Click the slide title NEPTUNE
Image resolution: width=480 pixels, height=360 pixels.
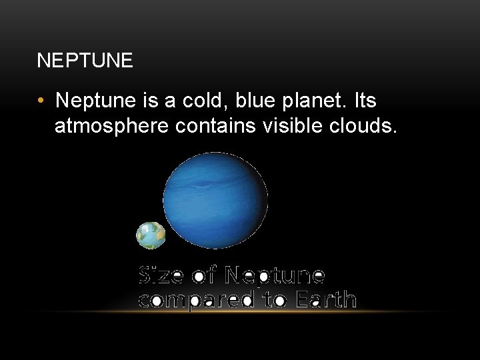pos(85,62)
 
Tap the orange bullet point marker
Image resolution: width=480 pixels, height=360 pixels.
pos(41,101)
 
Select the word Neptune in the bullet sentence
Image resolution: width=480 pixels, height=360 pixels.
pos(95,101)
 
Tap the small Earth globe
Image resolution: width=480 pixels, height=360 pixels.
pos(151,235)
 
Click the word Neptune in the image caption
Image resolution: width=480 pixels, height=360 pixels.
pos(275,275)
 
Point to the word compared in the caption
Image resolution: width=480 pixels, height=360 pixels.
pos(193,299)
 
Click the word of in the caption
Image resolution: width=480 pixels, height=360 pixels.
pos(206,275)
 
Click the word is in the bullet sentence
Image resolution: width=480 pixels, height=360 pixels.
pos(148,101)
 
